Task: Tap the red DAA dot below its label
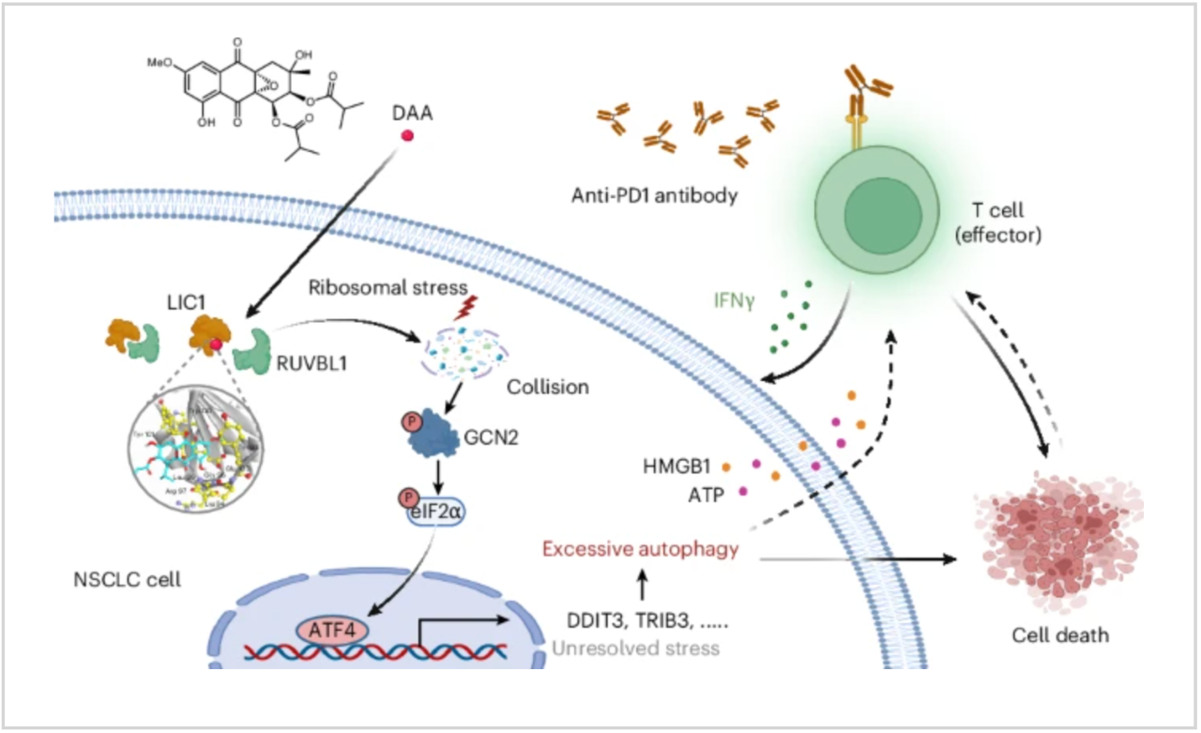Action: coord(408,136)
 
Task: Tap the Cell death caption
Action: coord(1059,634)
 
